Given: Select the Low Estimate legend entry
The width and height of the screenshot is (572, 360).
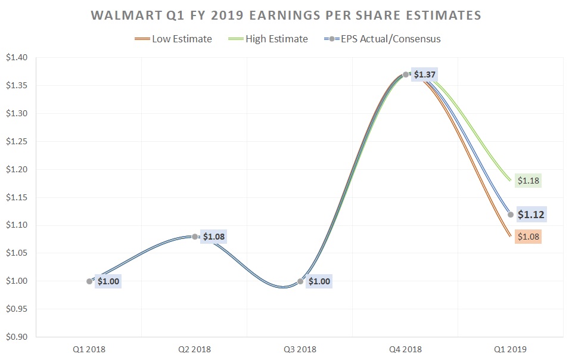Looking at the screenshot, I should [x=182, y=39].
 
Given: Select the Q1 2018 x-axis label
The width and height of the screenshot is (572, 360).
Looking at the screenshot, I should [x=88, y=349].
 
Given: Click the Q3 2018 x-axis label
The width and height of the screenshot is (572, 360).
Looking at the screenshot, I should [x=299, y=349].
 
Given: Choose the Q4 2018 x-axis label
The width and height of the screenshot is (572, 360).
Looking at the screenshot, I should [x=405, y=349].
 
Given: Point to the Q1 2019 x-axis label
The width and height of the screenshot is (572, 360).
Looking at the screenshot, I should [x=511, y=349].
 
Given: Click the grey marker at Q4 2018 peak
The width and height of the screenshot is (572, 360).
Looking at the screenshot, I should [x=406, y=75].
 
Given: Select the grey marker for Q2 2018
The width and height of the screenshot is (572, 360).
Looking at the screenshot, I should [x=195, y=237].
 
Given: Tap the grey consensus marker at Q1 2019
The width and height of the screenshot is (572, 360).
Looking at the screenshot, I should [x=511, y=215].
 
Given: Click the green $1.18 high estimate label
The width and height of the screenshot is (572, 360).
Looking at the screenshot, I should [x=528, y=180].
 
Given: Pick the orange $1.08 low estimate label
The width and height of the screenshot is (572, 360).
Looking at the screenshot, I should [x=528, y=237].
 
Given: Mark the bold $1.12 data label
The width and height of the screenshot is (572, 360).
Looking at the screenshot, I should [x=530, y=215].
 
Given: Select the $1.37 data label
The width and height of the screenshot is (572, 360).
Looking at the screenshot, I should [x=425, y=75].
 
